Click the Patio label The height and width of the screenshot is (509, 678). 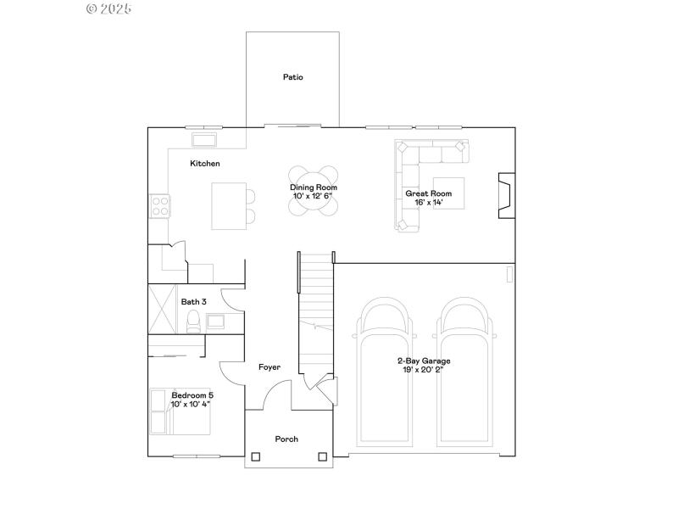(292, 77)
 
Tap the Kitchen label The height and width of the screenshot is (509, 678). (205, 163)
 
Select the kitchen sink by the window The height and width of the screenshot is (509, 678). (205, 138)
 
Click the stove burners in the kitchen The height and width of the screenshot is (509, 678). (159, 204)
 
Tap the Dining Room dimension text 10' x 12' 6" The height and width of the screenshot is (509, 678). (314, 196)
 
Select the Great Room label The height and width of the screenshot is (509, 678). (434, 193)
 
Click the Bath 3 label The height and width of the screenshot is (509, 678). (193, 301)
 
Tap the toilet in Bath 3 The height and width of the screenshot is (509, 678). (192, 321)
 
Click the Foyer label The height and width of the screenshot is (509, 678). (270, 366)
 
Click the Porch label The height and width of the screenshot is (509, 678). (286, 439)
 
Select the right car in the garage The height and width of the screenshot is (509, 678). (465, 373)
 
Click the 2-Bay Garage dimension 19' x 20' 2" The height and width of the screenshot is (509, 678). (424, 370)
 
